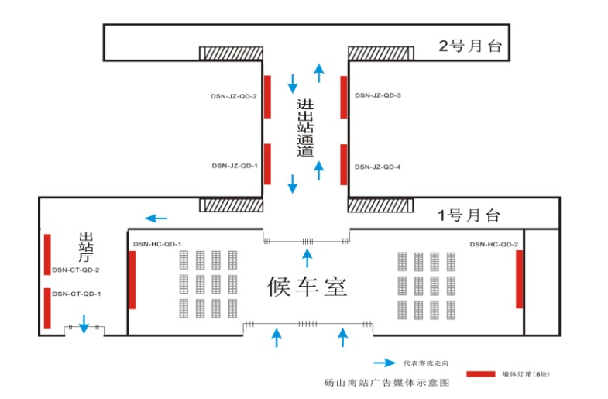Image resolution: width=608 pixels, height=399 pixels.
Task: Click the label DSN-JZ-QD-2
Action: (x=234, y=95)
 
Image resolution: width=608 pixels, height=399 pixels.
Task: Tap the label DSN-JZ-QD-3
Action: (x=377, y=95)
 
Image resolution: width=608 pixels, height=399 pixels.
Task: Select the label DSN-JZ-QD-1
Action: (x=234, y=165)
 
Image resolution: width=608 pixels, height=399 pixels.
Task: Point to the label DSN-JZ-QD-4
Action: (x=377, y=167)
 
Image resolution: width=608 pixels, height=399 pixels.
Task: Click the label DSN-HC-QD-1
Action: (x=157, y=244)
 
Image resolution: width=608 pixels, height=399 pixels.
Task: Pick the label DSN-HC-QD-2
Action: (x=493, y=244)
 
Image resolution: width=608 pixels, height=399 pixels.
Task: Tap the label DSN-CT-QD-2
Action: (x=76, y=270)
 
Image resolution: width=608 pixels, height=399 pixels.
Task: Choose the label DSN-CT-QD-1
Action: (x=76, y=294)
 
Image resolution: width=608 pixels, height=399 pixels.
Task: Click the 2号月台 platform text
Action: (x=471, y=46)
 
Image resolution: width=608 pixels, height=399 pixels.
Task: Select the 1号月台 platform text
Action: (x=469, y=215)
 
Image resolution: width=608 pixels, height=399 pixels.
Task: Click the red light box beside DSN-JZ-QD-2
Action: (x=267, y=96)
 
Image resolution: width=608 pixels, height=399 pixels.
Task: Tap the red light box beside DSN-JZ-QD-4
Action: (x=343, y=164)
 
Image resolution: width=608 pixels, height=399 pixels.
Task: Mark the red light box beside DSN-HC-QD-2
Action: (x=520, y=279)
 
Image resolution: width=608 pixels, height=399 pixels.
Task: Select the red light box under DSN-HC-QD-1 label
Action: (x=132, y=280)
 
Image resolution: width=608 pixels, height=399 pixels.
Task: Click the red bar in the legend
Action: (x=479, y=374)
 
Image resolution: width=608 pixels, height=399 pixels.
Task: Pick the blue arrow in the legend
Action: (x=385, y=363)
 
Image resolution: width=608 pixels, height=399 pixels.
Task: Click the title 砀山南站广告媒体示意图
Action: (x=386, y=384)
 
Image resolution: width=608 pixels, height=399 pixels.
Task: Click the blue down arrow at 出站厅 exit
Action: (x=84, y=324)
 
